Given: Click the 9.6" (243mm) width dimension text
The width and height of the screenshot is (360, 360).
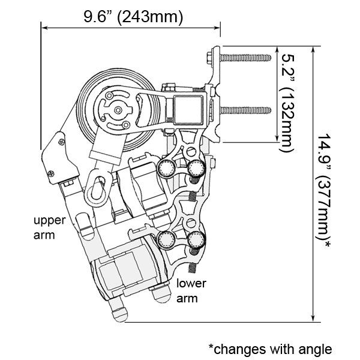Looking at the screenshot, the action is [133, 17].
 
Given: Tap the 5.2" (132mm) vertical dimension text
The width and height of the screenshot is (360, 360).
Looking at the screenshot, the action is [287, 103].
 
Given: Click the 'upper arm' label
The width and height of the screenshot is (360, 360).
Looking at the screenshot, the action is [49, 228].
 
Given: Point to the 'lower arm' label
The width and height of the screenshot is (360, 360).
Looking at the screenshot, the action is [191, 291].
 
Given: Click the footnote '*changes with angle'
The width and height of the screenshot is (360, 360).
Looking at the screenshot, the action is [270, 349].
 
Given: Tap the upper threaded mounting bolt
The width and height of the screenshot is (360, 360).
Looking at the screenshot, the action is [245, 58].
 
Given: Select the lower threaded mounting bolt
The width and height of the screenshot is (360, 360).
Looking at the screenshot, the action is [245, 110].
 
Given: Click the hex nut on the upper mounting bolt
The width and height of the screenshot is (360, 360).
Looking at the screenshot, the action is [209, 58].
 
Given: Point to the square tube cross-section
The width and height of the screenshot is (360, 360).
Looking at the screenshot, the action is [188, 110].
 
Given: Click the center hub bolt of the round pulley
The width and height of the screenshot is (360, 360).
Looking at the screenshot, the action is [118, 110].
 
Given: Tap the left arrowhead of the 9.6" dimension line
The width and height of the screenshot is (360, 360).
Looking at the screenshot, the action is [44, 28].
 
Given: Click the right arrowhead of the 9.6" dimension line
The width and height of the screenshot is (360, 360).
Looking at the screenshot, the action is [217, 28].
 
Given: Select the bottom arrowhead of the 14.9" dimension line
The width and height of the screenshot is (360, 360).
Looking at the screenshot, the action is [313, 319].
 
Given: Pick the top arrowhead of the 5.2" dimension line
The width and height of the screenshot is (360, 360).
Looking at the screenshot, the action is [277, 50].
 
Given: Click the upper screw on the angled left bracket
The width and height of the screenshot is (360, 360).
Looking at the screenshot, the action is [61, 142].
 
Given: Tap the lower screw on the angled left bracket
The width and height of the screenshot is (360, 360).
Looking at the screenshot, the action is [51, 173].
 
